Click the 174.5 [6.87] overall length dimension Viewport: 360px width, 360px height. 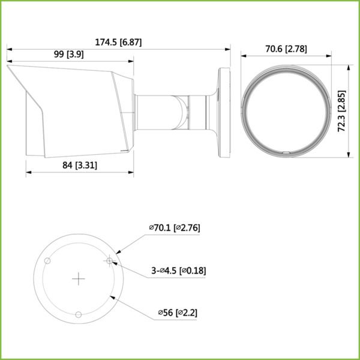[x=118, y=43]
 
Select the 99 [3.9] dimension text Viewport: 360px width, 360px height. [x=68, y=55]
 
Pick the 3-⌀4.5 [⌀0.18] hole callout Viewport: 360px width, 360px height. [x=179, y=271]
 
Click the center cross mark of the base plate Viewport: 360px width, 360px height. [x=79, y=278]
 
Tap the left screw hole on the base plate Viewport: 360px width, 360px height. [x=47, y=260]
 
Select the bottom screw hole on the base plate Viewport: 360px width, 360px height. [x=79, y=314]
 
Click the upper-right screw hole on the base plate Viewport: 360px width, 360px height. [x=109, y=260]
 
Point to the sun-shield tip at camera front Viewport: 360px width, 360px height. [x=10, y=67]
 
